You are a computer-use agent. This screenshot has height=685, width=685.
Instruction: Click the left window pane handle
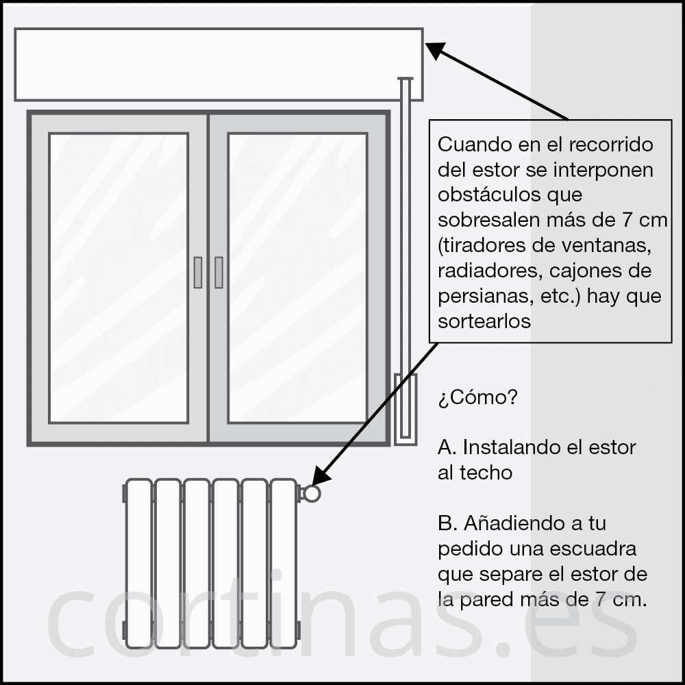click(x=198, y=272)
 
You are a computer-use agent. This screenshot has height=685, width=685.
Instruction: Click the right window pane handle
click(x=219, y=272)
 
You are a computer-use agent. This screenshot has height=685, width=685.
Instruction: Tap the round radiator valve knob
click(x=312, y=493)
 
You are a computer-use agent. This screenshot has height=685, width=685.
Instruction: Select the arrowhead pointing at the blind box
click(x=436, y=50)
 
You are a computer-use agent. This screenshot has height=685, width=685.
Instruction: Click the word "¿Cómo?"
click(x=477, y=397)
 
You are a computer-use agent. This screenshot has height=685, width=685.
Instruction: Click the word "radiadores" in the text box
click(x=490, y=271)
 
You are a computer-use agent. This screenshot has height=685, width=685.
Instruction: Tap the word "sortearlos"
click(x=484, y=321)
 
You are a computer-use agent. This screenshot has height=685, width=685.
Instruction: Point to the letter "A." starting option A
click(x=447, y=447)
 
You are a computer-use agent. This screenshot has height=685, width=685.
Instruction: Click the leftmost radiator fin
click(x=139, y=564)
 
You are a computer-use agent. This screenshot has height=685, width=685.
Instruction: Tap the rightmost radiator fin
click(x=284, y=564)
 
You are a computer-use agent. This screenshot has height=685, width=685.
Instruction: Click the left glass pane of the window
click(x=119, y=278)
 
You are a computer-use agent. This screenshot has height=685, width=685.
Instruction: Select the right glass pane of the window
click(x=297, y=278)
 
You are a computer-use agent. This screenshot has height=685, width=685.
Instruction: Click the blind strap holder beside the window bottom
click(x=406, y=410)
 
